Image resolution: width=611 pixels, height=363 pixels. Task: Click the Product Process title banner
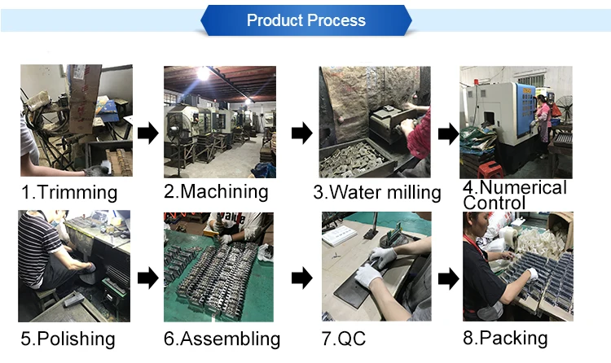pyautogui.click(x=305, y=20)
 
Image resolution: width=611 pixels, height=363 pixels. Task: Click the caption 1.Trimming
pyautogui.click(x=68, y=193)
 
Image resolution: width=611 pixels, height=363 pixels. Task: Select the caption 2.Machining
pyautogui.click(x=216, y=192)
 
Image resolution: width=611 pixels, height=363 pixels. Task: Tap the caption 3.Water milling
pyautogui.click(x=376, y=193)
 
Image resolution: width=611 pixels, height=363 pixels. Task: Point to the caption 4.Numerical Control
pyautogui.click(x=514, y=195)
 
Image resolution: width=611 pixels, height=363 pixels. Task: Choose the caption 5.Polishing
pyautogui.click(x=68, y=339)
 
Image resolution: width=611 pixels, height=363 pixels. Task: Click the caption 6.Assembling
pyautogui.click(x=222, y=339)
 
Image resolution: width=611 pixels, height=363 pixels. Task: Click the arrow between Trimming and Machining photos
pyautogui.click(x=147, y=133)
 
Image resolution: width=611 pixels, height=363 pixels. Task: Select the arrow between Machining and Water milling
pyautogui.click(x=301, y=133)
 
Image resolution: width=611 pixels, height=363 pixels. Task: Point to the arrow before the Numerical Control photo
pyautogui.click(x=448, y=133)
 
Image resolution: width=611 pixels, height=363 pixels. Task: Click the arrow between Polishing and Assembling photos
pyautogui.click(x=147, y=278)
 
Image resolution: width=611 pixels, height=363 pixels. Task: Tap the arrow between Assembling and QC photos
pyautogui.click(x=301, y=278)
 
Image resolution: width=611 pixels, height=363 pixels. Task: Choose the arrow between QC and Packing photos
pyautogui.click(x=448, y=278)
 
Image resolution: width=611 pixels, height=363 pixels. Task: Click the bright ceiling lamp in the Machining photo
pyautogui.click(x=200, y=73)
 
